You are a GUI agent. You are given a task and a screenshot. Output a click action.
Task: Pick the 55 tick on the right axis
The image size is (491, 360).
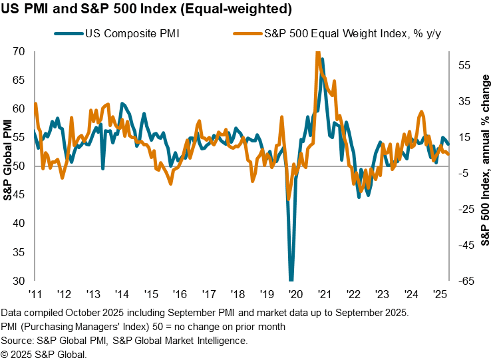[464, 65]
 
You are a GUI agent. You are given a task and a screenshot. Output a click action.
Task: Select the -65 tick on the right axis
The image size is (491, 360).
[464, 281]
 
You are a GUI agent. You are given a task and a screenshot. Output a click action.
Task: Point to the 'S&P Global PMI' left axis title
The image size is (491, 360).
[7, 166]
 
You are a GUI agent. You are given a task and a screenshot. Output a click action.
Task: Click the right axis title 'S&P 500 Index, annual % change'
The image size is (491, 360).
[484, 166]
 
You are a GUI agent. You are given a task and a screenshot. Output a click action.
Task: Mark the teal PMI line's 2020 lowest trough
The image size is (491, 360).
[291, 279]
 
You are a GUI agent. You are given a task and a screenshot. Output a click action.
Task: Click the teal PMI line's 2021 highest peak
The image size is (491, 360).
[323, 59]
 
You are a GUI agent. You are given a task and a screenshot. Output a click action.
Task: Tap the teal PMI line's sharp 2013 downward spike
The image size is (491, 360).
[102, 168]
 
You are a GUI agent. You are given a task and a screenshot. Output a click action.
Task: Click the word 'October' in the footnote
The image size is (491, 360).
[92, 313]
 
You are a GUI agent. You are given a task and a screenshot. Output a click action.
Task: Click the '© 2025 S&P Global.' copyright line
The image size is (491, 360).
[44, 353]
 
